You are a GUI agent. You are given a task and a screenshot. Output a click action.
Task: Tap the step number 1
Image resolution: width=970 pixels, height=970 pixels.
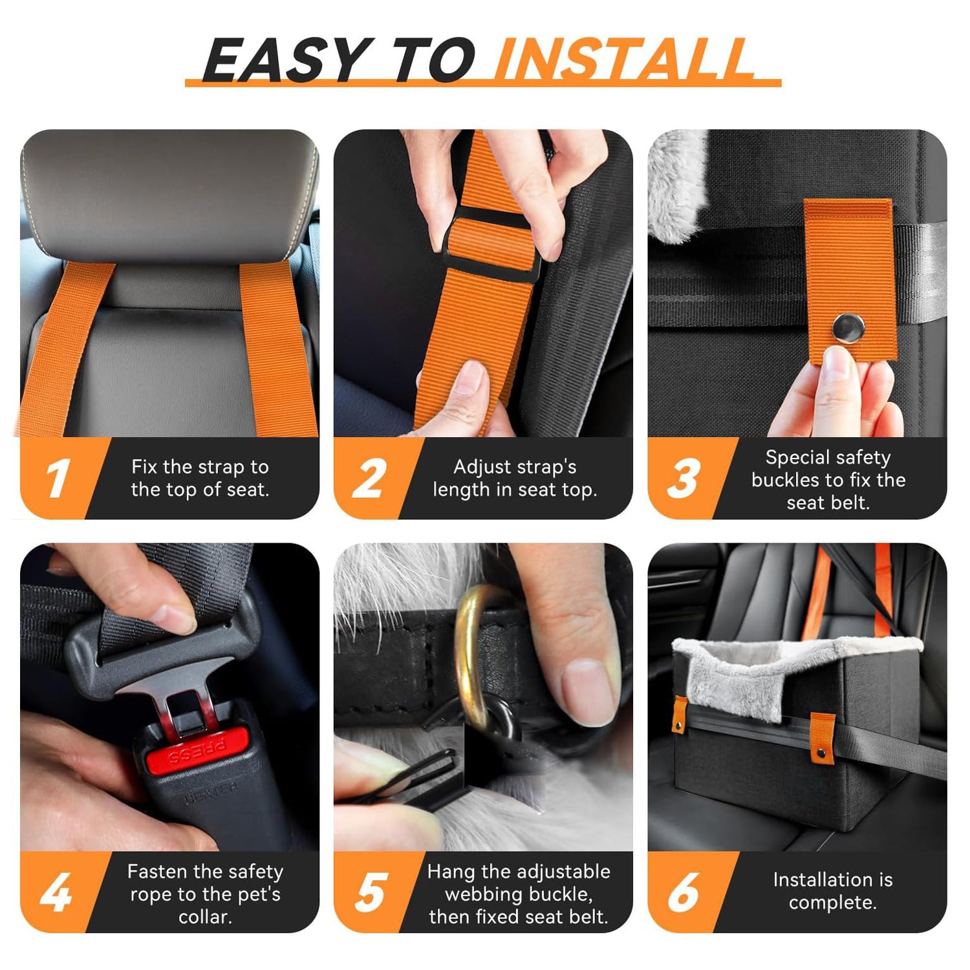pyautogui.click(x=58, y=479)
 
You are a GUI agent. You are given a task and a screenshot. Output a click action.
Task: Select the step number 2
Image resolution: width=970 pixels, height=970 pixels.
pyautogui.click(x=370, y=479)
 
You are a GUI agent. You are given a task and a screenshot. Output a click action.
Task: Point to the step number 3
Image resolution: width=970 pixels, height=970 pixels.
pyautogui.click(x=684, y=479)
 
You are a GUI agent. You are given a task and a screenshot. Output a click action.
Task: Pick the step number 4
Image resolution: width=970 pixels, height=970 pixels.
pyautogui.click(x=56, y=892)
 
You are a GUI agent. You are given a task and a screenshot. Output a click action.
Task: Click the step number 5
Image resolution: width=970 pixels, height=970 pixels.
pyautogui.click(x=371, y=892)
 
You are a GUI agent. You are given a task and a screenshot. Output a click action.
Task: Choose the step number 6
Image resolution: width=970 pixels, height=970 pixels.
pyautogui.click(x=684, y=892)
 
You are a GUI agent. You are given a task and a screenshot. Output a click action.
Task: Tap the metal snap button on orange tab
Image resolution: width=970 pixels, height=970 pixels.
pyautogui.click(x=848, y=328)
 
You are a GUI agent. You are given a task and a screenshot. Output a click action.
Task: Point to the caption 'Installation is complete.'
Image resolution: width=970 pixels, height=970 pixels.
pyautogui.click(x=832, y=891)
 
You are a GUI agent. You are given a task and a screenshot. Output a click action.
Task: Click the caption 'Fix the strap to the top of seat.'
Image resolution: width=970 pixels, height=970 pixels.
pyautogui.click(x=200, y=478)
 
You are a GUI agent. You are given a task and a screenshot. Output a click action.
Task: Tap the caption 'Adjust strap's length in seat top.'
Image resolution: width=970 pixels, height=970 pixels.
pyautogui.click(x=515, y=478)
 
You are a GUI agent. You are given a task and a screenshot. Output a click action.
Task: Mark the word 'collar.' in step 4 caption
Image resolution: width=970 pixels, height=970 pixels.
pyautogui.click(x=205, y=916)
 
